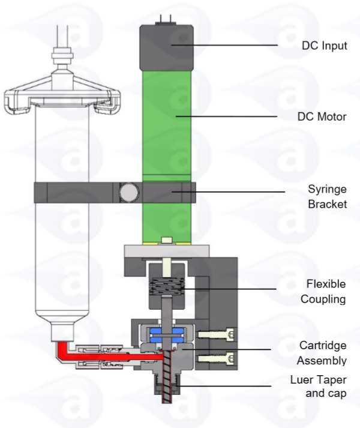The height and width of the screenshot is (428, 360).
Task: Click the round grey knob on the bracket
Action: (x=128, y=193)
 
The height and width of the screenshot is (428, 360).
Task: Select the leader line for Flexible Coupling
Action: (x=228, y=289)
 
